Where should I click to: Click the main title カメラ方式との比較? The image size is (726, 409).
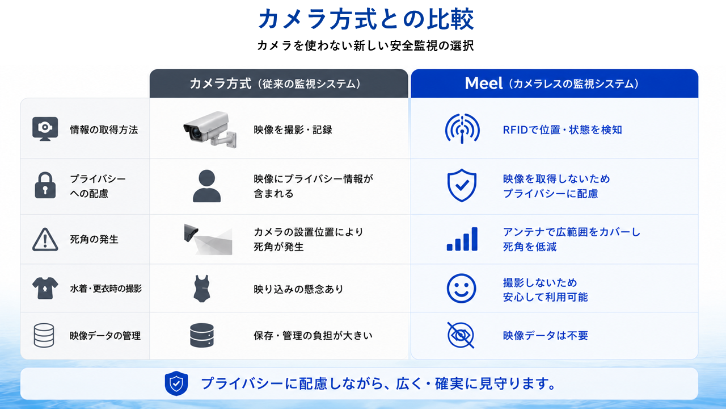(x=366, y=19)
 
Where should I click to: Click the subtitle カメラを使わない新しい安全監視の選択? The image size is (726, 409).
(x=366, y=45)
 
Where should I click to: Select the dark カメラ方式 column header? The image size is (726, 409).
(x=278, y=84)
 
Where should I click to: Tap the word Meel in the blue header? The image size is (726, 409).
(x=484, y=83)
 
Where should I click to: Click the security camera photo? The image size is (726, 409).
(x=210, y=130)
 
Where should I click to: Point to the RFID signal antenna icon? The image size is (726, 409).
(x=462, y=128)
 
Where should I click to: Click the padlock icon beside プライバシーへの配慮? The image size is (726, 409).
(x=45, y=185)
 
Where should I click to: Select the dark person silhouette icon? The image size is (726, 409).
(x=207, y=186)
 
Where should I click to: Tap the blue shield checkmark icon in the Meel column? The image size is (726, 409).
(x=462, y=185)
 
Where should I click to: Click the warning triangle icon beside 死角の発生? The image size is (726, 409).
(x=45, y=240)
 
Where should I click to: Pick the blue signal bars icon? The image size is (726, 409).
(x=462, y=239)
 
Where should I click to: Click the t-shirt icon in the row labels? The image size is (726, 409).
(x=45, y=288)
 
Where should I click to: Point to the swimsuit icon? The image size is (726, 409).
(x=201, y=289)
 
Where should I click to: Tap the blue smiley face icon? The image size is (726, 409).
(x=461, y=288)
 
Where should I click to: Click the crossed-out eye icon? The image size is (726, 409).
(x=461, y=335)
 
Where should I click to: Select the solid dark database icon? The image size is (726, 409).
(x=201, y=335)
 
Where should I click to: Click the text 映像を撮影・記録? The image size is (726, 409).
(x=293, y=130)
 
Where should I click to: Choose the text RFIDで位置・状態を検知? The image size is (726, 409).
(x=562, y=130)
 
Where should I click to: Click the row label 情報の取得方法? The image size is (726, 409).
(x=104, y=130)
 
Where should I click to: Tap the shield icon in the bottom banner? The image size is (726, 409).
(x=176, y=383)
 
